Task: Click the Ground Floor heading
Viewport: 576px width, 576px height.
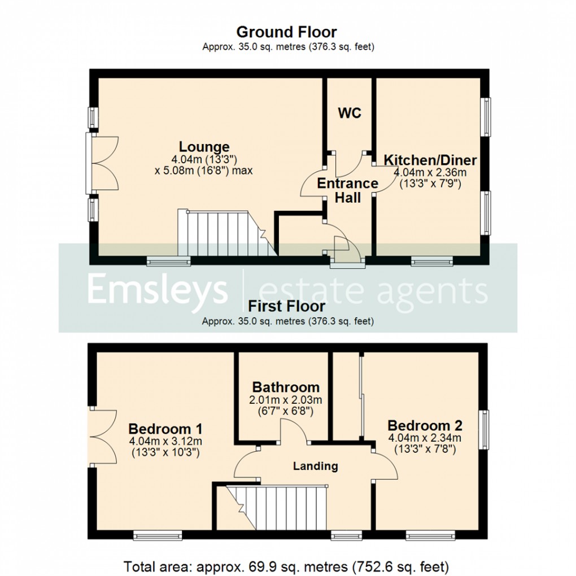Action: point(287,32)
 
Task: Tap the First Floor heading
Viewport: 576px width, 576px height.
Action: point(287,307)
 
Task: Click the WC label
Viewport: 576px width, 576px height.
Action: point(349,113)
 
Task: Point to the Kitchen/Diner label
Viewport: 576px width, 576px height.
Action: point(430,160)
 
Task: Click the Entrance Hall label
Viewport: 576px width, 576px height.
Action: point(347,190)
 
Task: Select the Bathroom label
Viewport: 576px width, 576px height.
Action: point(286,387)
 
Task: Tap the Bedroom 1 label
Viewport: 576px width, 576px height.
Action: point(165,427)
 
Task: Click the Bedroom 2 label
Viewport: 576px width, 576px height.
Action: point(425,425)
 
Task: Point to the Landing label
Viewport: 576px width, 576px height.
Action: point(315,466)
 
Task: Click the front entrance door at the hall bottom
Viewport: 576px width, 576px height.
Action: point(347,248)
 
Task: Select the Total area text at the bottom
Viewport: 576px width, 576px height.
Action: point(287,565)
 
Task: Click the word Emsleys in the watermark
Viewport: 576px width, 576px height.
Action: point(157,290)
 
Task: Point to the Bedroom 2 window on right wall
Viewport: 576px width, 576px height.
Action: point(485,430)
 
